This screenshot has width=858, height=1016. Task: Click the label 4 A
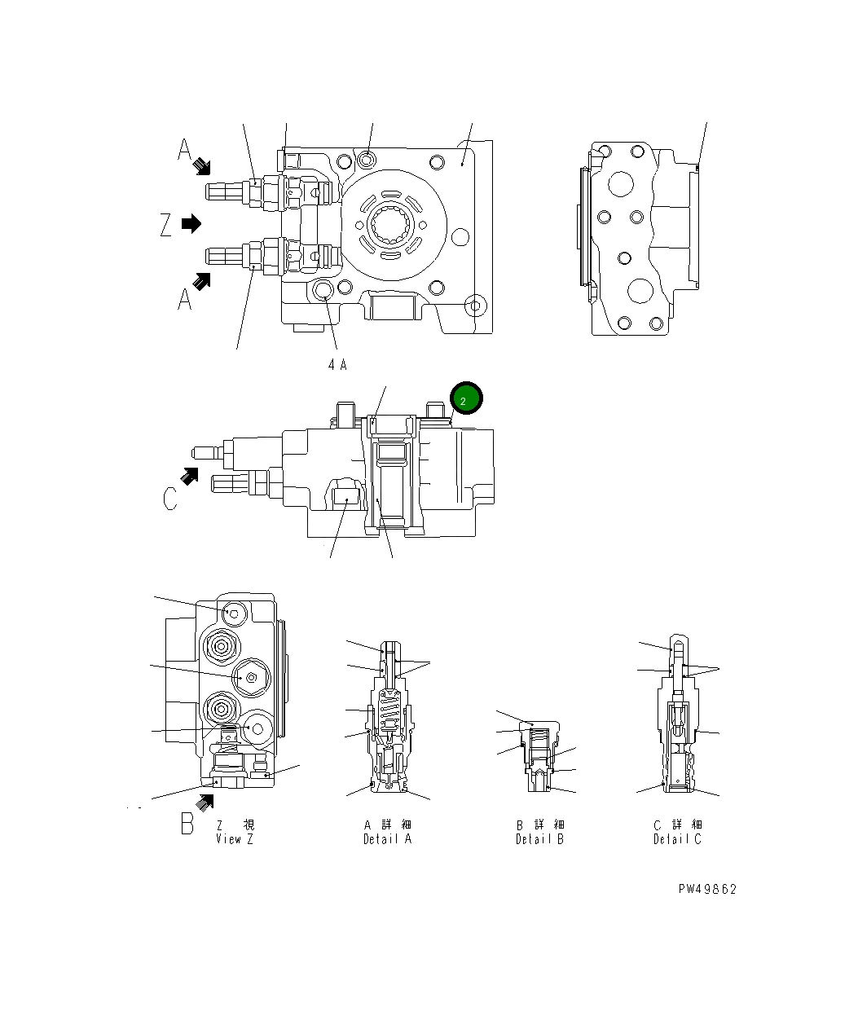(337, 365)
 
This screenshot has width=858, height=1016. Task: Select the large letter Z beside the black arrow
(166, 224)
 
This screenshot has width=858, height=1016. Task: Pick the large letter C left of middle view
(169, 498)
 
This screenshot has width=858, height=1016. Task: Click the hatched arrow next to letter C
(190, 476)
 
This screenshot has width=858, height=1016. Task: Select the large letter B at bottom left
(187, 824)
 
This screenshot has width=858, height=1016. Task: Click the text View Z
(235, 839)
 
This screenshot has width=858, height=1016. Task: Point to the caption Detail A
(387, 839)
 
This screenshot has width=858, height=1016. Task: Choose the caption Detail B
(539, 839)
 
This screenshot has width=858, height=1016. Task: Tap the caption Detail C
(677, 839)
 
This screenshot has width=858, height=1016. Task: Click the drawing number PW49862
(706, 889)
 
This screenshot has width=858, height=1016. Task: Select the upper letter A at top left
(186, 150)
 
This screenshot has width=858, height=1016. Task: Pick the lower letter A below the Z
(185, 300)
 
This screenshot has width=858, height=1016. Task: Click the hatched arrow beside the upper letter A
(202, 167)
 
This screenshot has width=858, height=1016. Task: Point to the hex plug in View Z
(250, 677)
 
